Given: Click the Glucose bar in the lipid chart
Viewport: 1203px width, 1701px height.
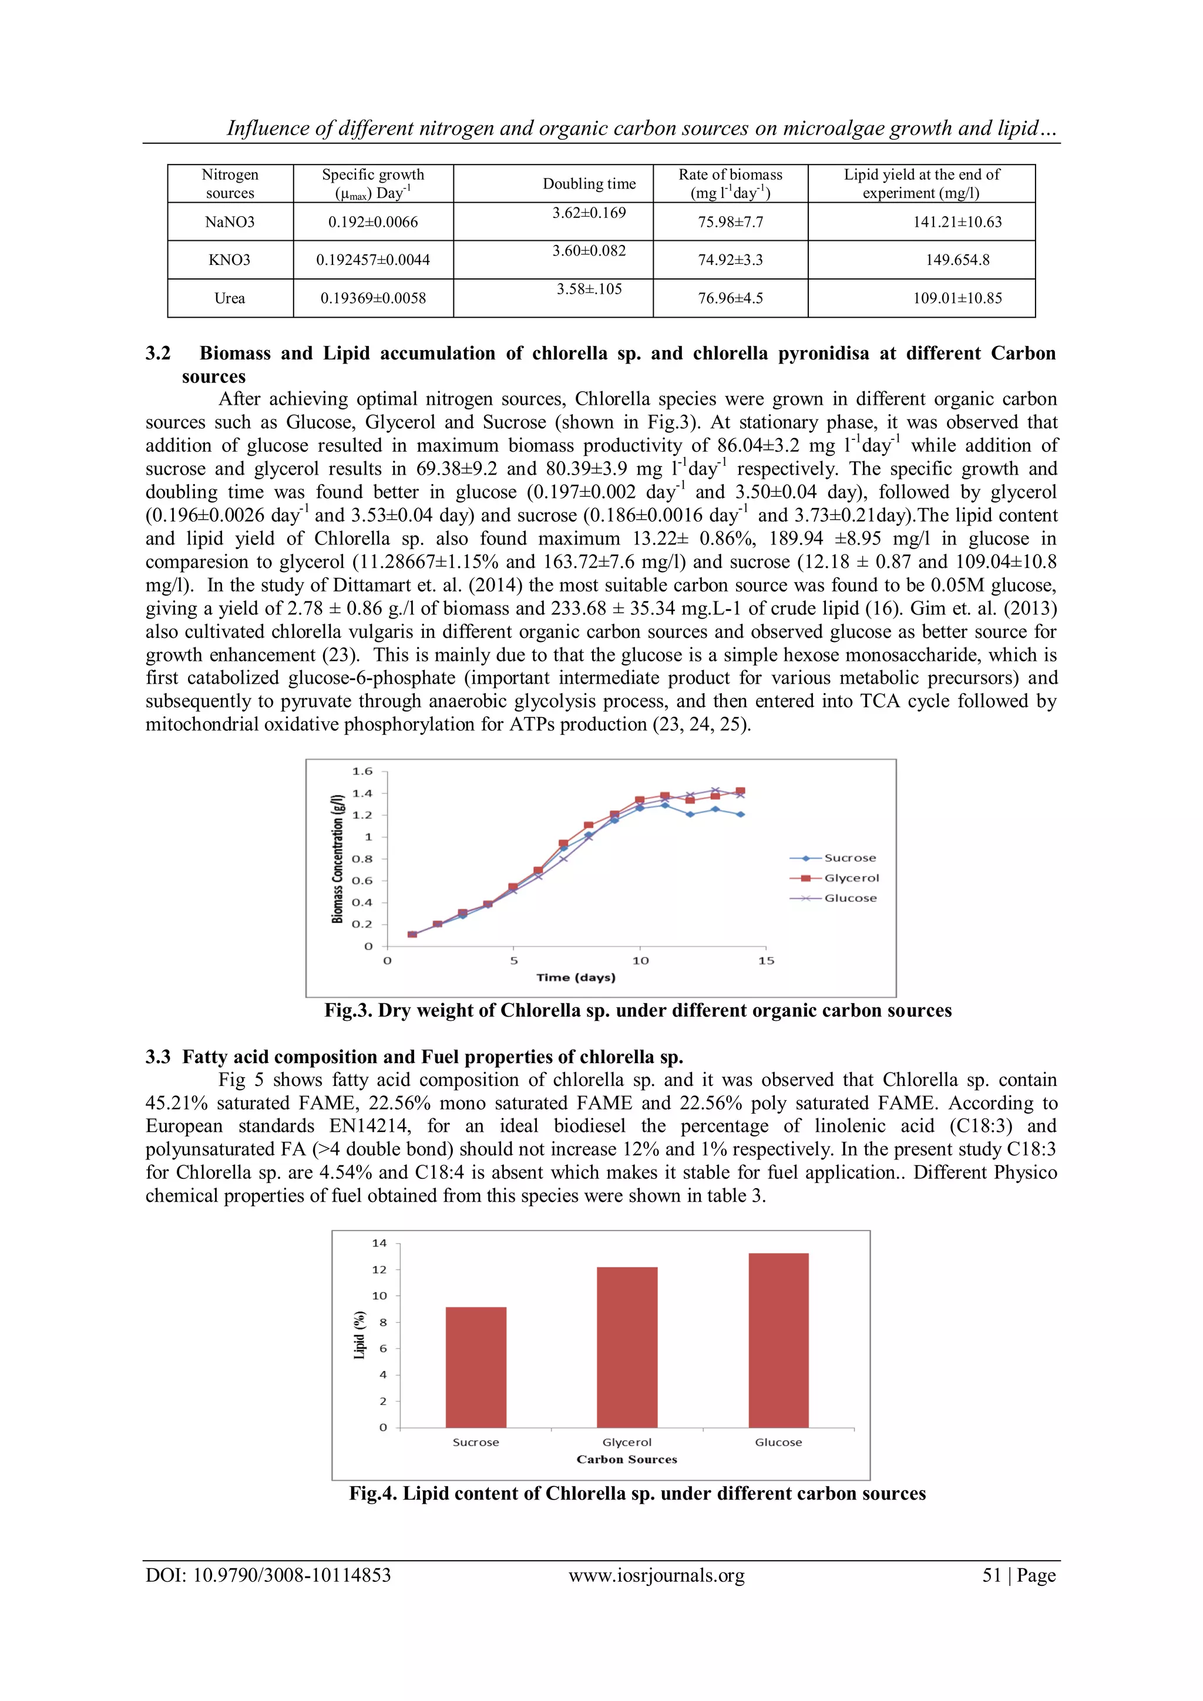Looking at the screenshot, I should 778,1340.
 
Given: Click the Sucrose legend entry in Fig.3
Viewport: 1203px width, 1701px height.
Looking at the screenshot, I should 849,858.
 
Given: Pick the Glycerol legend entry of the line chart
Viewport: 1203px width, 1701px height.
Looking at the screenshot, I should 851,878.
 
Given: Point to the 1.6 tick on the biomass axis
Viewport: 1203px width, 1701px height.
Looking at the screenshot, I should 362,771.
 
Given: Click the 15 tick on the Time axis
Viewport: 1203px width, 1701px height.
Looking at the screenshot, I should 766,961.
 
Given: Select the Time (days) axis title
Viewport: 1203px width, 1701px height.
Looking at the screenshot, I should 576,978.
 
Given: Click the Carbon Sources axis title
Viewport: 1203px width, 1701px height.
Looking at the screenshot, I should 627,1460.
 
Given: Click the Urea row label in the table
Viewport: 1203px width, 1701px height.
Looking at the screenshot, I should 230,298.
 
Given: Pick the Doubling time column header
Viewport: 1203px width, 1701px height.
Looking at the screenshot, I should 589,184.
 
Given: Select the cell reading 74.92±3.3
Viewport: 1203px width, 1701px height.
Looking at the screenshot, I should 730,260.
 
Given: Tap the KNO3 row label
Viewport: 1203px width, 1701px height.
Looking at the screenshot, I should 230,260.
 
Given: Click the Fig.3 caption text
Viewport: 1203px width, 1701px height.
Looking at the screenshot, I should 637,1010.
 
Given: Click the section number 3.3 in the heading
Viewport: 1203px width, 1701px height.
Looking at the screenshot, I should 158,1057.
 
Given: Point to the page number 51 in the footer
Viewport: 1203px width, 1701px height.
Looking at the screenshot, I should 991,1575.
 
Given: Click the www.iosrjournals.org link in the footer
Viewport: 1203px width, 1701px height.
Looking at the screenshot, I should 656,1575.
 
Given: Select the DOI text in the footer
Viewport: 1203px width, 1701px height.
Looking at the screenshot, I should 267,1575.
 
